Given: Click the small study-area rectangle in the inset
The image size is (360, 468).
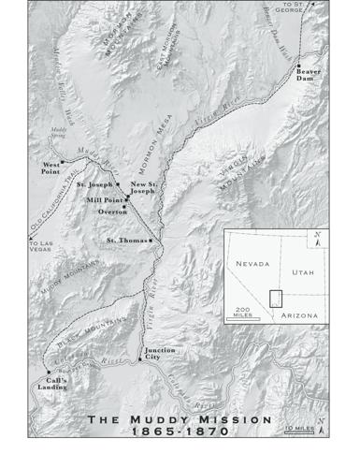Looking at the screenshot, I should click(x=276, y=299).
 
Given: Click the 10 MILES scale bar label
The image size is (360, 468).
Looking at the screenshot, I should click(x=325, y=428).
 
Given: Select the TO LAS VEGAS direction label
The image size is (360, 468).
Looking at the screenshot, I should click(x=41, y=245).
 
